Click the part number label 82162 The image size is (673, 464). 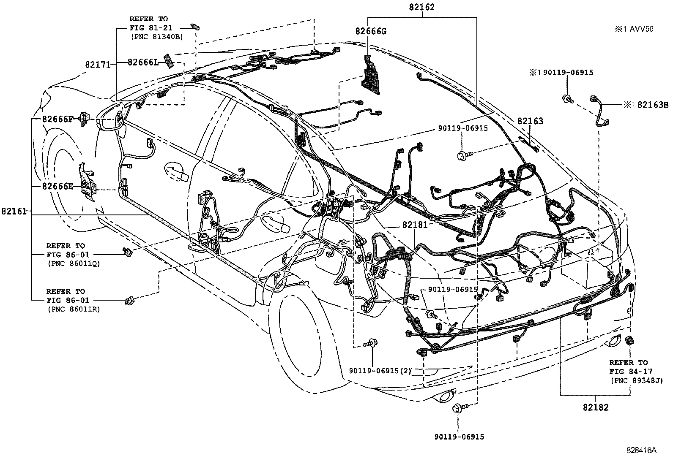(x=422, y=7)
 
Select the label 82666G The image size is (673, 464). (x=371, y=31)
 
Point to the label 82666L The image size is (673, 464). (x=143, y=62)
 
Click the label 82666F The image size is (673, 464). (x=57, y=119)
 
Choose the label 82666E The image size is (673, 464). (x=57, y=186)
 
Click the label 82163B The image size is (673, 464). (x=650, y=105)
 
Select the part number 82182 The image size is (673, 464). (x=595, y=407)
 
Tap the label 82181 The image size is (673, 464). (x=415, y=225)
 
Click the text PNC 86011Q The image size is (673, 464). (x=74, y=264)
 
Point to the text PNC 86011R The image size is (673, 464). (x=74, y=309)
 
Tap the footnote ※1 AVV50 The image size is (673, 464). (x=634, y=29)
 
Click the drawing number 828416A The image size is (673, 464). (x=641, y=450)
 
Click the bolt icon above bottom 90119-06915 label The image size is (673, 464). (x=458, y=408)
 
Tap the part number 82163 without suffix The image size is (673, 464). (x=530, y=122)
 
